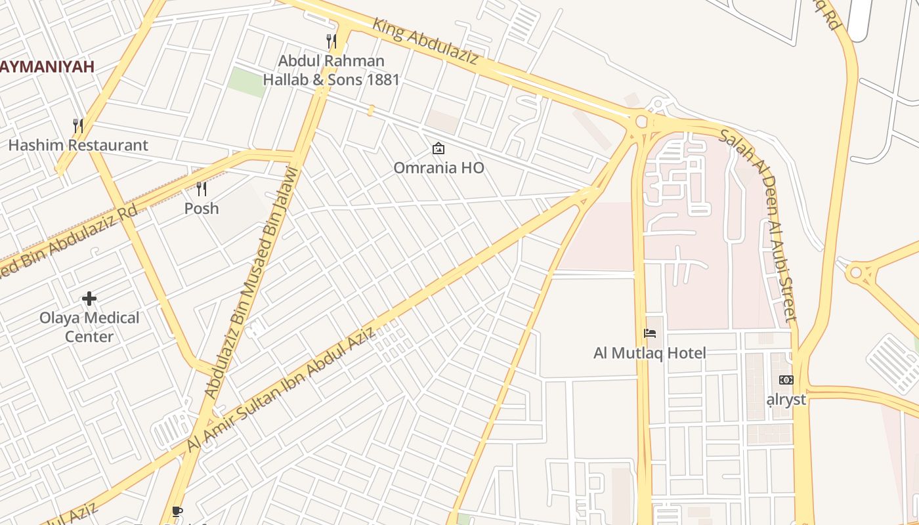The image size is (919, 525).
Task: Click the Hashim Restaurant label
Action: pos(78,145)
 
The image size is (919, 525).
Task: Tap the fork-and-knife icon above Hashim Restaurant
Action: pos(77,125)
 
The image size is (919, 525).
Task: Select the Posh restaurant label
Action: pos(202,209)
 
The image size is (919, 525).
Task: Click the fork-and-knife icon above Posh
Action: pos(202,189)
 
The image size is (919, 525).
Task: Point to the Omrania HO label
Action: pos(438,168)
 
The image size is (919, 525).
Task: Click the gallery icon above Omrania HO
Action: pos(438,149)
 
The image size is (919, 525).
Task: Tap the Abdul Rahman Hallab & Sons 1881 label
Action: pos(331,70)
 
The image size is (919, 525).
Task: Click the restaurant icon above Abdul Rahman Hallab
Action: pos(331,41)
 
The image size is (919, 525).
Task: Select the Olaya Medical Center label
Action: pos(89,327)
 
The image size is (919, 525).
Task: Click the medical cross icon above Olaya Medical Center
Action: pos(89,299)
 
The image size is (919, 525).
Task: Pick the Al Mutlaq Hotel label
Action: pos(650,353)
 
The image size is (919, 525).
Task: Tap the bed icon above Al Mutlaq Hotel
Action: pos(650,333)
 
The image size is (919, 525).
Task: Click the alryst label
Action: pos(786,399)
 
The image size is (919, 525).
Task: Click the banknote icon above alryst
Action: pos(786,380)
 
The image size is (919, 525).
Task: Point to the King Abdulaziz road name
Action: pos(425,41)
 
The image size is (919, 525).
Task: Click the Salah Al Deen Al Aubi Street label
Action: pos(759,223)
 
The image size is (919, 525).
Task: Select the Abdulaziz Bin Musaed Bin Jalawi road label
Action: pos(251,282)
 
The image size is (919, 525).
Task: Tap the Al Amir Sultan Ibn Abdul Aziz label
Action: pos(281,389)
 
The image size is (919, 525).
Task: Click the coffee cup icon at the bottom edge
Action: pos(176,511)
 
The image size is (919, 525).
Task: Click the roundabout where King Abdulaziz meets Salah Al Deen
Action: pos(641,121)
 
